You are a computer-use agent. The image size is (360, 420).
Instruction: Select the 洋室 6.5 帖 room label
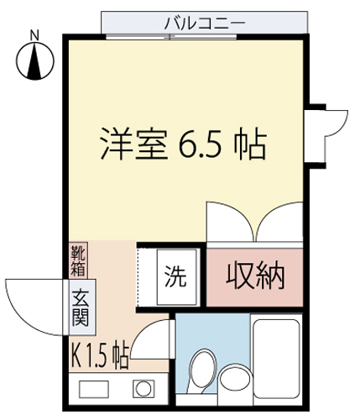pos(183,144)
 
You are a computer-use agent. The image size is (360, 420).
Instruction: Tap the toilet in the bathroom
pos(202,370)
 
